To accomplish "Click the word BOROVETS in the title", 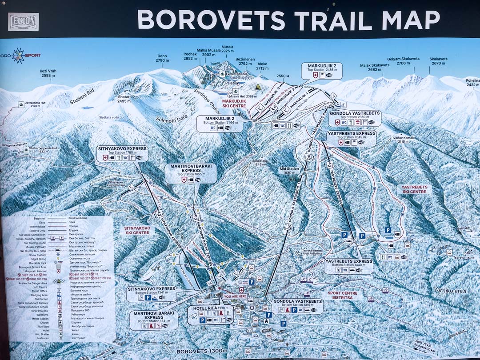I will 211,20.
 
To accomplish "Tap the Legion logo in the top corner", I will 23,22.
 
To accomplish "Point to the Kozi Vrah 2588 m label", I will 48,73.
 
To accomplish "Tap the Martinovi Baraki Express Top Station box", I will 191,172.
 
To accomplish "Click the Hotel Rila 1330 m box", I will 211,314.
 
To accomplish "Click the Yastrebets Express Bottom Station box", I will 348,266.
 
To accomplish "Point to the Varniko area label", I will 449,290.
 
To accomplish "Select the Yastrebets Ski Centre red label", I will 414,190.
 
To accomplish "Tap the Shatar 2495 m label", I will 124,99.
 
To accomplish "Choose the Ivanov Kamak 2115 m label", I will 403,140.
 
